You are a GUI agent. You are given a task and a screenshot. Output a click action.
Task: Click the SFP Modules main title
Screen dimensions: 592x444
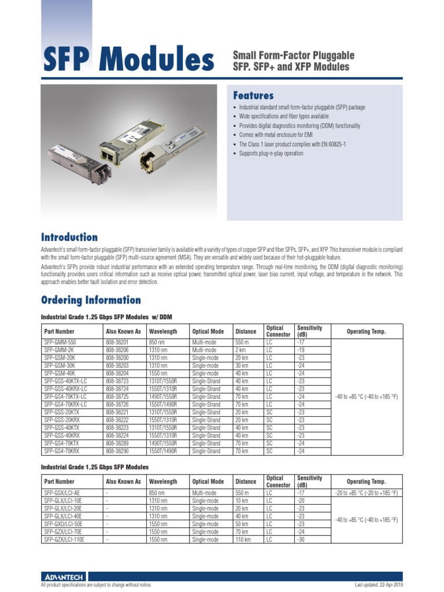[x=128, y=60]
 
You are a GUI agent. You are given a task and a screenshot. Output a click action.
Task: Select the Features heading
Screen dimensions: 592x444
[x=253, y=95]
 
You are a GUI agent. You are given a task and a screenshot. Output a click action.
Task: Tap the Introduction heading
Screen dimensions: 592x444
[x=69, y=237]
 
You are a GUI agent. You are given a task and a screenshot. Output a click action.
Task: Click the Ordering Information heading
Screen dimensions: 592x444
[x=90, y=299]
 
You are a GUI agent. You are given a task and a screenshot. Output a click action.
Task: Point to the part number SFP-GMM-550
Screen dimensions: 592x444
[x=60, y=343]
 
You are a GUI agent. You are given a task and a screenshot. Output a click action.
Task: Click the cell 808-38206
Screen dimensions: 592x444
[x=117, y=350]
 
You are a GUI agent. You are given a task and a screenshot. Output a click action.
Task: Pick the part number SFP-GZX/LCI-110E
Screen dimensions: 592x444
[x=64, y=539]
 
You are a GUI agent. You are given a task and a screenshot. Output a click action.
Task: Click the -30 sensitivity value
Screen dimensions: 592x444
[x=301, y=539]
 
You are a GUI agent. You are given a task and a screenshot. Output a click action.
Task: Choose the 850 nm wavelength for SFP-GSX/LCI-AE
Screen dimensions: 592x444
[x=158, y=493]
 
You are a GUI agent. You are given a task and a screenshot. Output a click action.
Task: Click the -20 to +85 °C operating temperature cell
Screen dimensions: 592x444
[x=367, y=493]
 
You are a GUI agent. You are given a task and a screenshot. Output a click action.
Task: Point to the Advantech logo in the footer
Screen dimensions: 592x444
[x=64, y=577]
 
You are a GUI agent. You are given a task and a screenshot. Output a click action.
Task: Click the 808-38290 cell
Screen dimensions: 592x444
[x=117, y=451]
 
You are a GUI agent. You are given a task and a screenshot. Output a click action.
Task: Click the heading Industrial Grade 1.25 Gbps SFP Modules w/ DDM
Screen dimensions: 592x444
[x=106, y=317]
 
